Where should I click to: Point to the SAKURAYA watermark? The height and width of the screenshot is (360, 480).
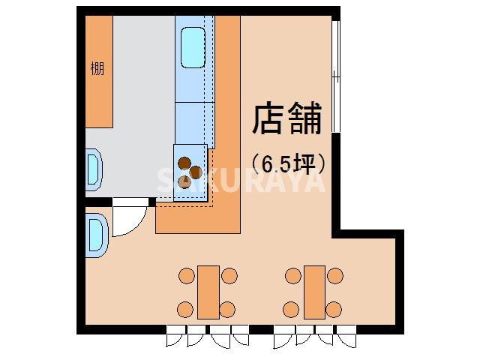(x=240, y=180)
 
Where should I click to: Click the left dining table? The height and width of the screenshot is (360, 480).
(x=208, y=292)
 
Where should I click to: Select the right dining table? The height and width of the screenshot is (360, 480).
(x=314, y=292)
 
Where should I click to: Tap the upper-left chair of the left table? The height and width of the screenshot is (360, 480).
(x=185, y=276)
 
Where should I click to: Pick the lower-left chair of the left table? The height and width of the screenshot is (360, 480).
(x=185, y=307)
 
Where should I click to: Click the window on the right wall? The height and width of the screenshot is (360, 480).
(x=336, y=75)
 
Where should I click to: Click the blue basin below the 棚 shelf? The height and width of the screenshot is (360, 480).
(x=94, y=169)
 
